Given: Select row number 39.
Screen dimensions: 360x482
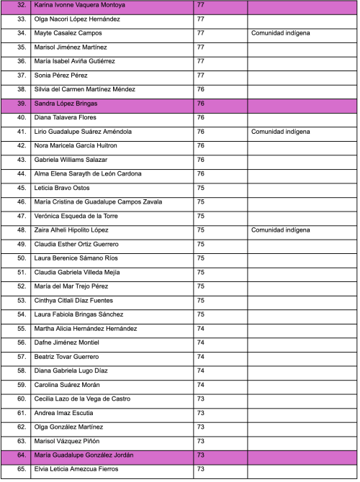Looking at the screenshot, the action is [21, 104].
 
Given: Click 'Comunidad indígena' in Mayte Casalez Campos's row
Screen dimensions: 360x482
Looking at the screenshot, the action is [281, 34].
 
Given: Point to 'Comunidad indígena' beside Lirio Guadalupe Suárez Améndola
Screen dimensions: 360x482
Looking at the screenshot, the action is [281, 132].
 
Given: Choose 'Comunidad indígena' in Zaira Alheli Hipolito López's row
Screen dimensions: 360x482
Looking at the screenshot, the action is [281, 230].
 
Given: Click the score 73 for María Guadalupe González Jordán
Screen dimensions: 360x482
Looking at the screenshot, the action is [201, 455].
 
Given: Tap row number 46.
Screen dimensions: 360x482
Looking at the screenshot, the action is [21, 202].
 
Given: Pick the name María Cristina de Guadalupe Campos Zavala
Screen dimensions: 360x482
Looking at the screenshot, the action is [98, 202].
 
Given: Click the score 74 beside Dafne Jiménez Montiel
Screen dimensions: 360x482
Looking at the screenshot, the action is [201, 342].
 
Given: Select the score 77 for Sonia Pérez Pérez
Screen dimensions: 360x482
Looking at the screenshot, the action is [201, 76].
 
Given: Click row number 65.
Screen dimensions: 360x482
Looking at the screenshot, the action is [21, 469].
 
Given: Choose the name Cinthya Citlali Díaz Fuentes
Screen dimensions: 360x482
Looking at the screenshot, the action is [78, 301].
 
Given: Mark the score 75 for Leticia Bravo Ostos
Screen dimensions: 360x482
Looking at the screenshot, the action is [201, 188].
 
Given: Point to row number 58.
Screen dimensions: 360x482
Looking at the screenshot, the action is [21, 370].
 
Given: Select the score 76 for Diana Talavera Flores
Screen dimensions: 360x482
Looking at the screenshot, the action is [201, 118].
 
